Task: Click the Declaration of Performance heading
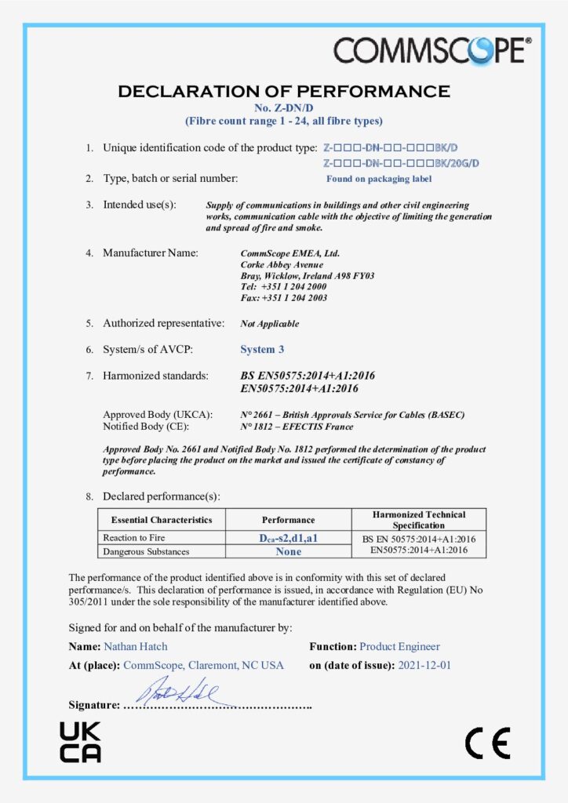click(284, 92)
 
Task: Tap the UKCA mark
click(80, 742)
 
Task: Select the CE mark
click(487, 742)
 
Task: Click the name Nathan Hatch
click(135, 647)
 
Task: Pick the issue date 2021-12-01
click(424, 665)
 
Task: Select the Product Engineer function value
click(399, 647)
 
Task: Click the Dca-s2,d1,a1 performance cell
click(288, 538)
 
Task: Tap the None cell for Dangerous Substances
click(288, 551)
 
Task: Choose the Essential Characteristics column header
click(162, 519)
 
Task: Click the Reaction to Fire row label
click(134, 538)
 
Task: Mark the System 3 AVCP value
click(262, 349)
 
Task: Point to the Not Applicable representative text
click(269, 323)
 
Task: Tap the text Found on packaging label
click(379, 179)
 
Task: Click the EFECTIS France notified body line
click(297, 427)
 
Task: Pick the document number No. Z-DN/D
click(284, 107)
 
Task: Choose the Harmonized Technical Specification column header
click(418, 519)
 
